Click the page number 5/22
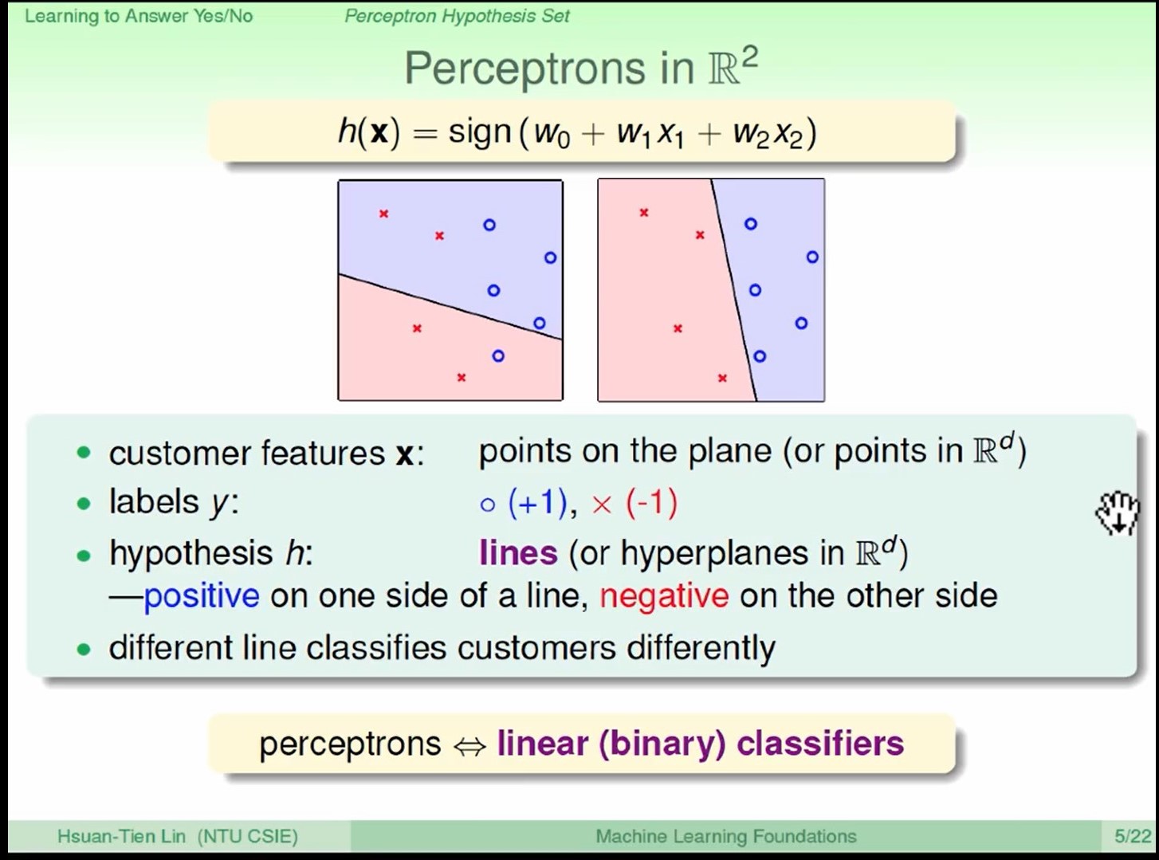[1133, 837]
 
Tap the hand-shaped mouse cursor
[1118, 513]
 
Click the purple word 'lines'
[518, 553]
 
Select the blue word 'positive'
[201, 597]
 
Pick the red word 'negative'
[664, 596]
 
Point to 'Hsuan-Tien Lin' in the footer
[121, 837]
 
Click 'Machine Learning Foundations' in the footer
[726, 837]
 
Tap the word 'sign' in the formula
[479, 132]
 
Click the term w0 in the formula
[552, 135]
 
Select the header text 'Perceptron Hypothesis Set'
[457, 16]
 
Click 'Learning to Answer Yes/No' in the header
[139, 16]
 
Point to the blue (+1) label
[538, 503]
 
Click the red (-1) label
[651, 503]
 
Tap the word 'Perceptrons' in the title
[525, 69]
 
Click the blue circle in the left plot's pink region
[498, 355]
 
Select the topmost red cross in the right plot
[644, 212]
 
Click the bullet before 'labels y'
[84, 504]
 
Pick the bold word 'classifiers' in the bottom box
[820, 744]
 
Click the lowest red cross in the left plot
[461, 377]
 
